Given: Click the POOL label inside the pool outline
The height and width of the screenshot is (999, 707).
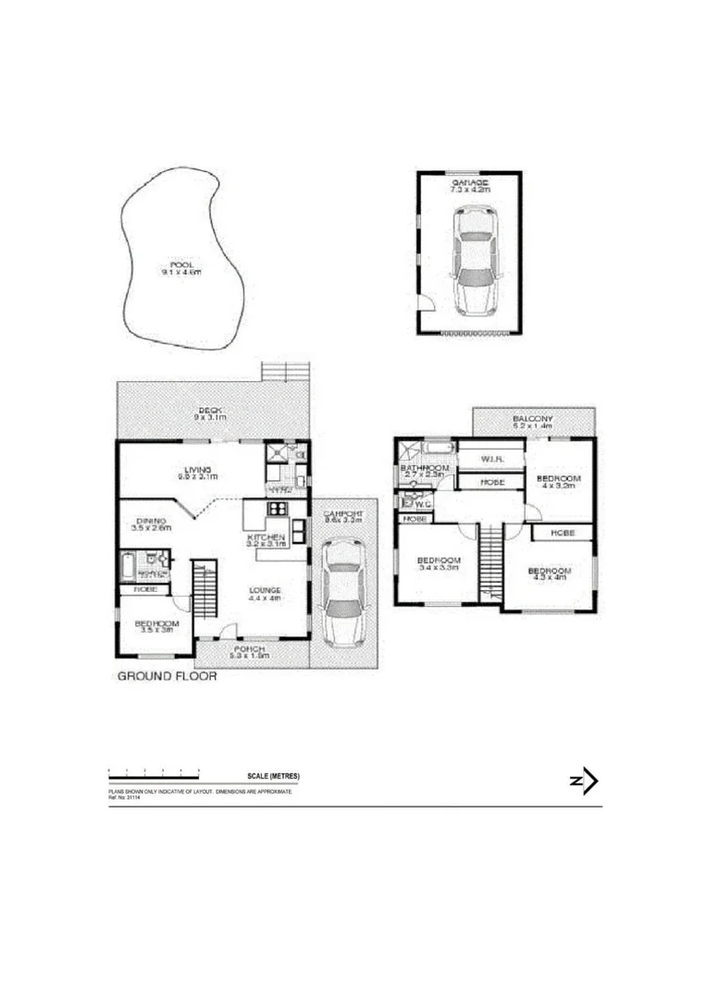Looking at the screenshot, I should click(180, 265).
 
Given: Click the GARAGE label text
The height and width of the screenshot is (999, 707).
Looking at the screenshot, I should click(470, 184).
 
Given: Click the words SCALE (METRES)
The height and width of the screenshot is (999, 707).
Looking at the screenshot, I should click(274, 776).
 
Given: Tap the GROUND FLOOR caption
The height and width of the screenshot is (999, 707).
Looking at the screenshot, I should click(167, 676).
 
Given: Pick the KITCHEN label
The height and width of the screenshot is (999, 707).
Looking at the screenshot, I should click(266, 537).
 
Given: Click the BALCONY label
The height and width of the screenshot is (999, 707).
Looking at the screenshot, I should click(532, 418).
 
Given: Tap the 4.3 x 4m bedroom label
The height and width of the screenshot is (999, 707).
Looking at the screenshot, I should click(549, 571).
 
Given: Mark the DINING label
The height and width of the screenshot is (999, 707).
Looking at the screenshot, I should click(150, 521).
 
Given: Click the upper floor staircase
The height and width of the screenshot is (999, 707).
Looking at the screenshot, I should click(490, 560).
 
